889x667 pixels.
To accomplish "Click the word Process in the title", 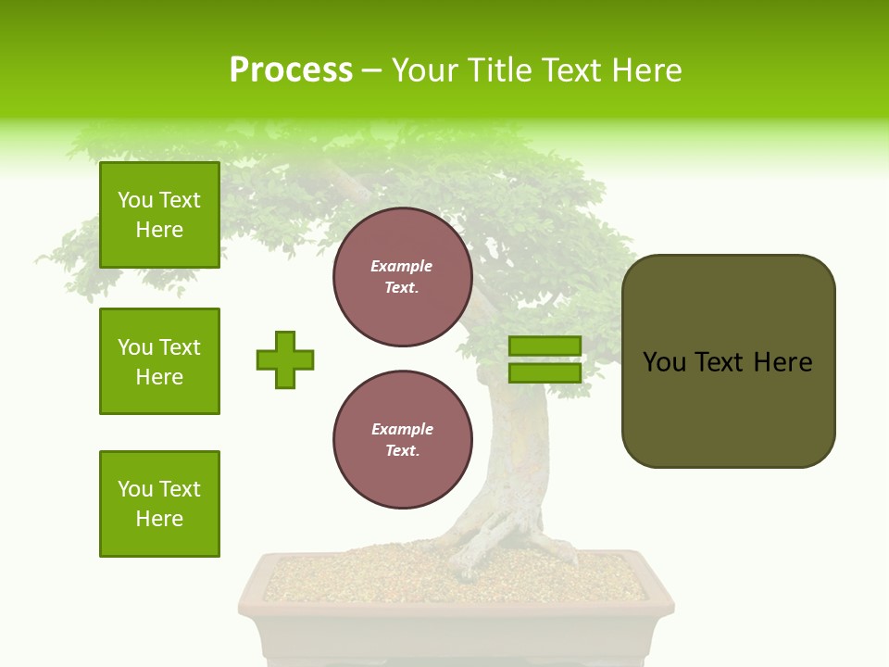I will point(291,70).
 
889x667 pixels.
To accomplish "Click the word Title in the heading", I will point(501,70).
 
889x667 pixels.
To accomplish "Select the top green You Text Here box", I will point(159,215).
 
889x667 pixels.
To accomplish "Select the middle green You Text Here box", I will point(159,361).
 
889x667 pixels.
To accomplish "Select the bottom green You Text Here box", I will point(159,503).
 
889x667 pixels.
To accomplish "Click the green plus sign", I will point(285,359).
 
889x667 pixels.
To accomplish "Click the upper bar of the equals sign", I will point(545,346).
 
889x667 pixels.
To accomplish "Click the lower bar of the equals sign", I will point(545,372).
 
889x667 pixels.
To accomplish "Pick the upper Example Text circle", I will point(402,277).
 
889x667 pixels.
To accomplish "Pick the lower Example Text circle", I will point(402,440).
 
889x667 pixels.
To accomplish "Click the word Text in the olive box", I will point(721,362).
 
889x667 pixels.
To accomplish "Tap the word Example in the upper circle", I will point(401,266).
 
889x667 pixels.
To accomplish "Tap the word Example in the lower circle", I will point(402,429).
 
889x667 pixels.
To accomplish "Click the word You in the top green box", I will point(135,200).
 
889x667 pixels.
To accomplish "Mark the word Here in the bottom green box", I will point(159,519).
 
